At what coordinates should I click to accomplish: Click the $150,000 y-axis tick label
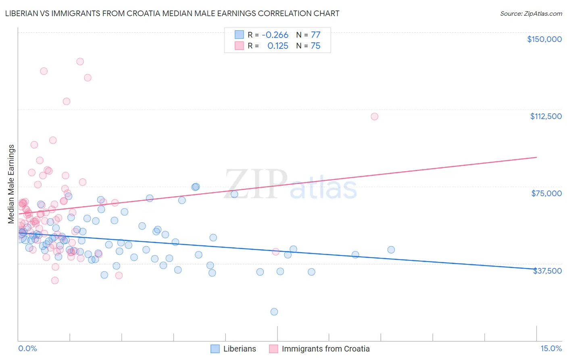pos(544,39)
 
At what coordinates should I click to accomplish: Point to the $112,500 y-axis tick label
pos(546,116)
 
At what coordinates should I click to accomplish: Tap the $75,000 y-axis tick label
pos(546,193)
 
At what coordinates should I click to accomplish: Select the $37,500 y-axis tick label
pos(547,271)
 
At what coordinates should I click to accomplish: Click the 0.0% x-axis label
pos(27,348)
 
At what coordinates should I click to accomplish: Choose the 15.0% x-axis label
pos(551,348)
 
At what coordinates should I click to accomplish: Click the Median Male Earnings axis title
pos(11,184)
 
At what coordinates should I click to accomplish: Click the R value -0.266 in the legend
pos(275,35)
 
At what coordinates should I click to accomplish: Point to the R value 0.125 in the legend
pos(278,46)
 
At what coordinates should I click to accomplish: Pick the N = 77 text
pos(308,35)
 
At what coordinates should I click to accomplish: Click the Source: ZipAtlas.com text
pos(531,14)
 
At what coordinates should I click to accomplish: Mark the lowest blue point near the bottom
pos(274,312)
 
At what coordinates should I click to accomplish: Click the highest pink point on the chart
pos(80,62)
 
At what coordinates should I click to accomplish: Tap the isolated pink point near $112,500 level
pos(374,117)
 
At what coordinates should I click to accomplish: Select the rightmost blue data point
pos(391,250)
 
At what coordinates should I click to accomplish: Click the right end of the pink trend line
pos(536,157)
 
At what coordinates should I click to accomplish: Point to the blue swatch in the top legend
pos(239,35)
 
